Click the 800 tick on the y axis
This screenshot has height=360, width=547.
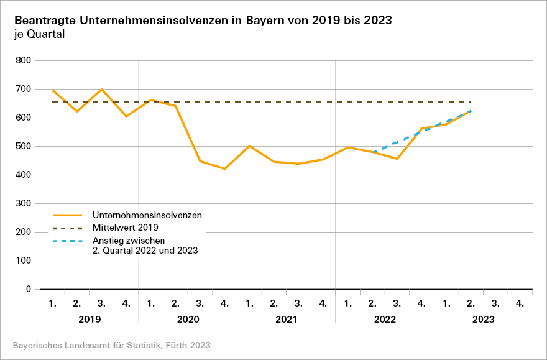pyautogui.click(x=23, y=60)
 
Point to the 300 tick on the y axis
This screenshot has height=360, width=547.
pyautogui.click(x=23, y=203)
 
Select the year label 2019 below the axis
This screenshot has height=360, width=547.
pyautogui.click(x=89, y=320)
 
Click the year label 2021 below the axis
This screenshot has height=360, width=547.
pyautogui.click(x=286, y=320)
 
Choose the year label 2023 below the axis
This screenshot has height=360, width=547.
pyautogui.click(x=483, y=320)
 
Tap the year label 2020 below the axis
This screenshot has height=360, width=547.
pyautogui.click(x=188, y=320)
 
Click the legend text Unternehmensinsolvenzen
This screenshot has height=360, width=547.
pyautogui.click(x=147, y=215)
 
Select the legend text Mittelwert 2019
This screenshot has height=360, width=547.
pyautogui.click(x=126, y=228)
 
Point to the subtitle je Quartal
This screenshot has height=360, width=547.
pyautogui.click(x=39, y=34)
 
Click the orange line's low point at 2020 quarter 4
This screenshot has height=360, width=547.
pyautogui.click(x=224, y=168)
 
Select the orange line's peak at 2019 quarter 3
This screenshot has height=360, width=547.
pyautogui.click(x=101, y=90)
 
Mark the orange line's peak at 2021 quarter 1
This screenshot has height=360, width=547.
pyautogui.click(x=249, y=146)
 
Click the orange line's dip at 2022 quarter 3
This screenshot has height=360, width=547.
pyautogui.click(x=397, y=159)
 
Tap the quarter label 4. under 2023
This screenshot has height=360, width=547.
pyautogui.click(x=520, y=303)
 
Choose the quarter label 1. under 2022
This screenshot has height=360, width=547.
pyautogui.click(x=347, y=303)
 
